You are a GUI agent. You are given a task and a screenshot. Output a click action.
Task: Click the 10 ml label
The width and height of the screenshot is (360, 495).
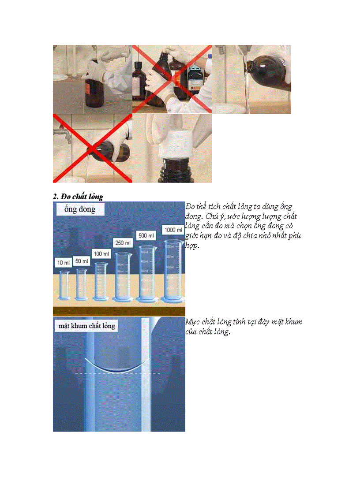[63, 263]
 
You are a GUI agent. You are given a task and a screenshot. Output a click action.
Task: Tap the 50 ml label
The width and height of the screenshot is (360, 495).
[81, 261]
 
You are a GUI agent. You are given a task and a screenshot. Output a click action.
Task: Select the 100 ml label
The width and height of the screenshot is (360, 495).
[101, 254]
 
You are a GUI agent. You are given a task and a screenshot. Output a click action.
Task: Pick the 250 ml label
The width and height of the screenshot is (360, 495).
[123, 243]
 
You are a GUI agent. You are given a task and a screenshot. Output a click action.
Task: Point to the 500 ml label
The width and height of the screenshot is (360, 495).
[146, 236]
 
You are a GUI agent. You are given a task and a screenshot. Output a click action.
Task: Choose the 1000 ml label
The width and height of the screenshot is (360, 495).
[173, 230]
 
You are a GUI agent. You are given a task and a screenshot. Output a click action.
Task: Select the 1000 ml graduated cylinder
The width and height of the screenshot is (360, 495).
[173, 271]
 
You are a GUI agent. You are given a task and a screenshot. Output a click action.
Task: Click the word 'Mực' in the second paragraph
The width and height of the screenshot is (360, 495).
[193, 322]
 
